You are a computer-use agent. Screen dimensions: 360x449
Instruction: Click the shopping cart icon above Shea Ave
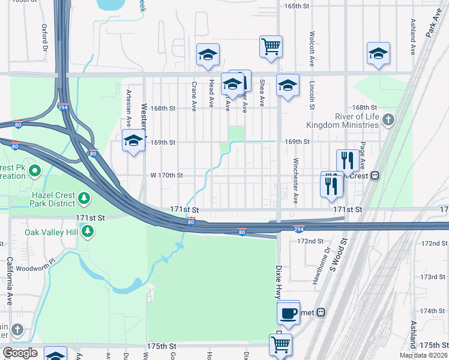tap(271, 46)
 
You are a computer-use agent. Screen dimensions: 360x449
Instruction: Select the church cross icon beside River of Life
tap(388, 121)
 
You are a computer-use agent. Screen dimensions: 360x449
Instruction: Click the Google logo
tap(20, 353)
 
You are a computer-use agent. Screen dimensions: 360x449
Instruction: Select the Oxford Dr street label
tap(44, 37)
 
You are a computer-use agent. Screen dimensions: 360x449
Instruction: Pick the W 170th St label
tap(166, 175)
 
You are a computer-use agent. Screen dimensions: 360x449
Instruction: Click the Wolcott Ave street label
tap(312, 45)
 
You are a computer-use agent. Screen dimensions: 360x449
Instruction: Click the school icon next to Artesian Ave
tap(133, 142)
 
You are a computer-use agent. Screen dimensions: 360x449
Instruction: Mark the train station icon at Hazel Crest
tap(375, 176)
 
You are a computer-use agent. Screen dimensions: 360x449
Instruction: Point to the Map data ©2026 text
tap(423, 355)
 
